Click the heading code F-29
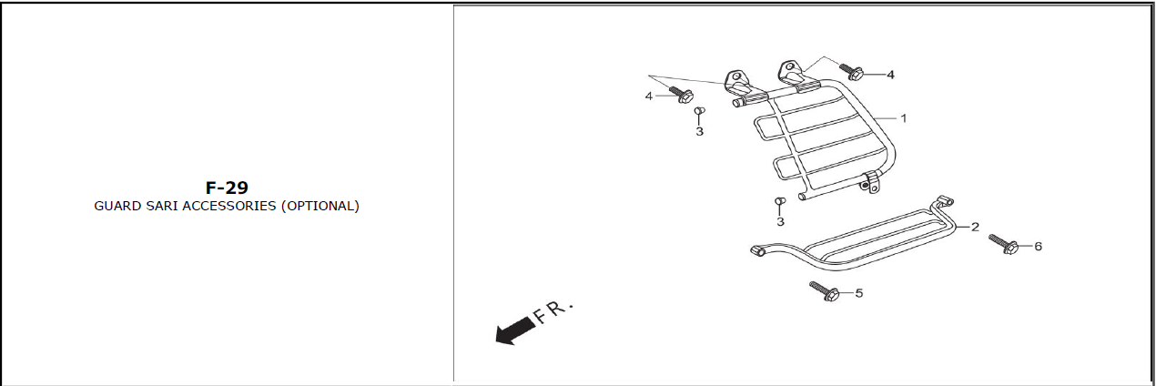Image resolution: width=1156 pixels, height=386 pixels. pyautogui.click(x=227, y=188)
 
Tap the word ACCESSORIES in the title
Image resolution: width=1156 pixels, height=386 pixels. pyautogui.click(x=229, y=206)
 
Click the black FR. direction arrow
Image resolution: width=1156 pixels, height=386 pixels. pyautogui.click(x=515, y=330)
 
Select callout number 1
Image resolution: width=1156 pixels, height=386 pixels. pyautogui.click(x=903, y=118)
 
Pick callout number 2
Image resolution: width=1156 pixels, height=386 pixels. pyautogui.click(x=975, y=227)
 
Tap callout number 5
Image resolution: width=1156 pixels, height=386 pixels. pyautogui.click(x=858, y=293)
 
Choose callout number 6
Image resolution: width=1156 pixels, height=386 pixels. pyautogui.click(x=1038, y=246)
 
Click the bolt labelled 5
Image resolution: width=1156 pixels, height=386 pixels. pyautogui.click(x=824, y=291)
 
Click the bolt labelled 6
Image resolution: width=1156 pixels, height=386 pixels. pyautogui.click(x=1003, y=245)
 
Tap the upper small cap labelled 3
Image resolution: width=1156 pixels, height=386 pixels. pyautogui.click(x=699, y=110)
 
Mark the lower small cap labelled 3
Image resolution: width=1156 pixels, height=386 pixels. pyautogui.click(x=780, y=201)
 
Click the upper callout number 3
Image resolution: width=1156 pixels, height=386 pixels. pyautogui.click(x=699, y=132)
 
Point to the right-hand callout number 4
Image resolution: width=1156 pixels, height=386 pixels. pyautogui.click(x=890, y=75)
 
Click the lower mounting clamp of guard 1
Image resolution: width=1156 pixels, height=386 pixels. pyautogui.click(x=870, y=183)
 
